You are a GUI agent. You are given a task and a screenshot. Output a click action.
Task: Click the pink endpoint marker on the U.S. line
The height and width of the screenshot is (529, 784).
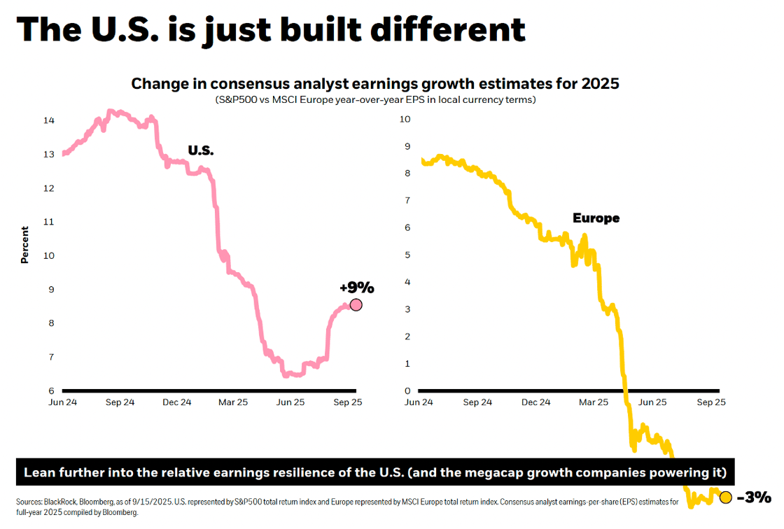coord(356,304)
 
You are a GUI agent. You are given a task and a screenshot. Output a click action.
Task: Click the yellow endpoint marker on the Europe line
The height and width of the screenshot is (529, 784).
coord(725,498)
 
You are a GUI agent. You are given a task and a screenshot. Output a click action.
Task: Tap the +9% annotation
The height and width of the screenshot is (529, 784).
coord(357,288)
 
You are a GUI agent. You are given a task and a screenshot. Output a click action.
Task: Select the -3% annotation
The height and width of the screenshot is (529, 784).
coord(754,498)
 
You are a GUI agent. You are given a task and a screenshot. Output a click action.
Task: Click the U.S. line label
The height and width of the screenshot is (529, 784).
coord(201,150)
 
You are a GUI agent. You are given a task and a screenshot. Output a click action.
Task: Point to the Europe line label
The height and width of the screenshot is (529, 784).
coord(596,218)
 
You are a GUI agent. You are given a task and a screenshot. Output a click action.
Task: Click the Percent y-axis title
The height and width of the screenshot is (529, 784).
coord(24,244)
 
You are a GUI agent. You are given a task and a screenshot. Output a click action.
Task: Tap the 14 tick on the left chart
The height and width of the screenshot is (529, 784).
coord(49,120)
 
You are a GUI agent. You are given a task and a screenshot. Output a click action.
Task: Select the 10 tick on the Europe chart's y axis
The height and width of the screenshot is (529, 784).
coord(405,119)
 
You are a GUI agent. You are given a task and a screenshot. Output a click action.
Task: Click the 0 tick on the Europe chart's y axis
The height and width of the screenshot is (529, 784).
coord(407,390)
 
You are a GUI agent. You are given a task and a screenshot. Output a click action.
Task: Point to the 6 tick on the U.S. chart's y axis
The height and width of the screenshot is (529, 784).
coord(50,390)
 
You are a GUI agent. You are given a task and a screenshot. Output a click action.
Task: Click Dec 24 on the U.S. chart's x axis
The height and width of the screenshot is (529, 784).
coord(176,402)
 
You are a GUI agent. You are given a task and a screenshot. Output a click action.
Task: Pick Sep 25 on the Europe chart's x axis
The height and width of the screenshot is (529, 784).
coord(710,402)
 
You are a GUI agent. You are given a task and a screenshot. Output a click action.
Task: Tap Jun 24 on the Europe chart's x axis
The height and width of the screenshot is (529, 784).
coord(419,402)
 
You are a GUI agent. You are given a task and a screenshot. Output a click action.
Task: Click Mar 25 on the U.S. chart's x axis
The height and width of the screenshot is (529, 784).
coord(233,402)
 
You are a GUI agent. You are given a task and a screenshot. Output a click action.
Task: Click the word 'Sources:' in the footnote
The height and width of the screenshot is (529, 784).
coord(29,502)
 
